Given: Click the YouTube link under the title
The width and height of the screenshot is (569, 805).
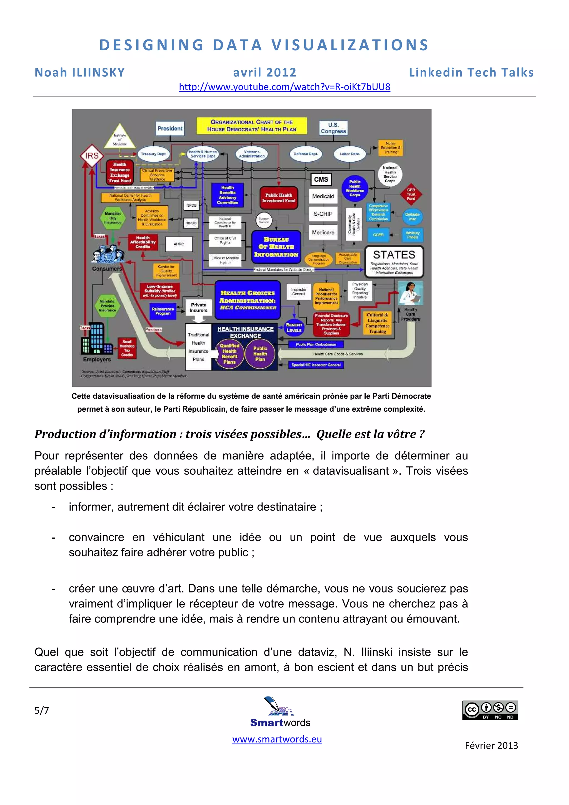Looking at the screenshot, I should (284, 87).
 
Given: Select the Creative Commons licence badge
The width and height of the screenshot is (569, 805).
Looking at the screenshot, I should (490, 710).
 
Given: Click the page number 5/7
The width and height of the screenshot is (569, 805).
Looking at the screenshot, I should (42, 710).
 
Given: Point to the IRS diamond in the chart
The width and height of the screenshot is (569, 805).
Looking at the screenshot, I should (92, 156).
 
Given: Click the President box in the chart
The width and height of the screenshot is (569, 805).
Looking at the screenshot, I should (170, 129).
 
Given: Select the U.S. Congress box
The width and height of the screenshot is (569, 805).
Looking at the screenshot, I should (333, 128).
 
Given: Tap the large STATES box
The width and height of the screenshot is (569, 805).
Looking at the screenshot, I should (394, 261).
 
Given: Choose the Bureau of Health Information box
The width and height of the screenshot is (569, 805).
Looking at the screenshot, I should (276, 247).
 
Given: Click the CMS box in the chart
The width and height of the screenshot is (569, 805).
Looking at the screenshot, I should (321, 179).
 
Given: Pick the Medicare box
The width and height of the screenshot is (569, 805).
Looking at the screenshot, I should (323, 232).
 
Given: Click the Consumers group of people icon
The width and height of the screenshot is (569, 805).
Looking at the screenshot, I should (108, 254).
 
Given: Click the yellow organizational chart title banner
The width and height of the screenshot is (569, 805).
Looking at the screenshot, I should (251, 126).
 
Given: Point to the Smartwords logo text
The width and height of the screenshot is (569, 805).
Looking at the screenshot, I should (280, 722).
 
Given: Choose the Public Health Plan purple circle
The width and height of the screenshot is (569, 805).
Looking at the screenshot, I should (260, 354).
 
